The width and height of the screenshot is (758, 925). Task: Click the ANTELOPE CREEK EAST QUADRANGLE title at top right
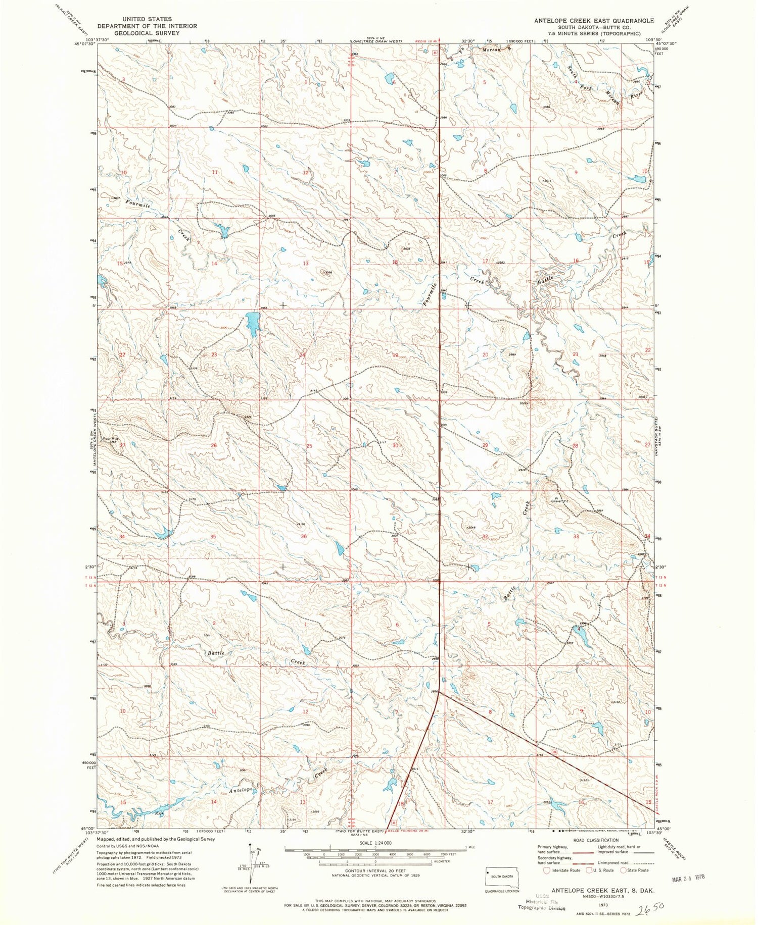point(594,21)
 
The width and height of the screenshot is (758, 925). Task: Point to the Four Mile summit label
point(111,439)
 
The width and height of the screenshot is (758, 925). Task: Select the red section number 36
point(304,536)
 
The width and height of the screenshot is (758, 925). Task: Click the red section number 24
point(302,355)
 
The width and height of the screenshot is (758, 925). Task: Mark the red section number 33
point(576,537)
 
